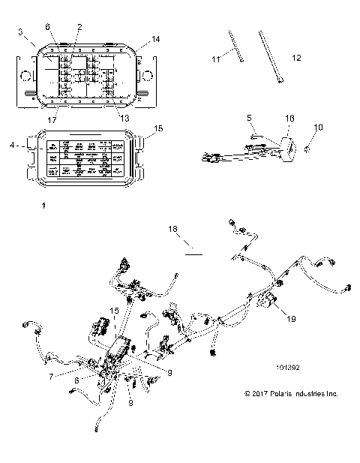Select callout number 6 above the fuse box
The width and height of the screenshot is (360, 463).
(49, 27)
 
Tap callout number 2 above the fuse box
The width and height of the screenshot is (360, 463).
(79, 27)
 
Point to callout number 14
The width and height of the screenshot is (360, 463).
(155, 38)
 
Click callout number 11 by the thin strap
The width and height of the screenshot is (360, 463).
(213, 58)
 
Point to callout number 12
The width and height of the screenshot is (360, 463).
(295, 58)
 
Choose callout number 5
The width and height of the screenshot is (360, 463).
(250, 118)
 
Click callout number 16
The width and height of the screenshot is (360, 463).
(290, 118)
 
